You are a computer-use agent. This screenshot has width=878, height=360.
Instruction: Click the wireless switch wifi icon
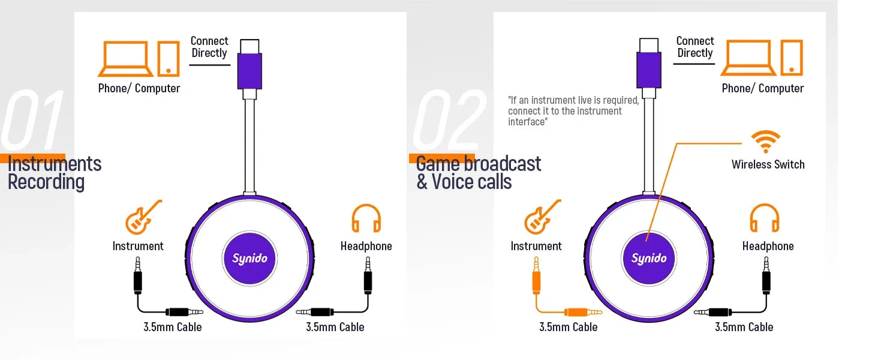point(765,141)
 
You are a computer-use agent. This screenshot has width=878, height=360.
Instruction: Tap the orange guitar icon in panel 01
point(143,217)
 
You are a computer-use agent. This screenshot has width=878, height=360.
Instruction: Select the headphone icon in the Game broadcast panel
point(764,218)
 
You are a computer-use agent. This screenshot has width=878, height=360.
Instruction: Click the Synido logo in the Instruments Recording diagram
point(249,258)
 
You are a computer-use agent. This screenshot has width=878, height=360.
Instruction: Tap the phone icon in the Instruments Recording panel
point(169,58)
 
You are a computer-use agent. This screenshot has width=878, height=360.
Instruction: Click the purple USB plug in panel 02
point(649,70)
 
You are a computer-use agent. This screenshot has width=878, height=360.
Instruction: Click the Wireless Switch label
point(768,164)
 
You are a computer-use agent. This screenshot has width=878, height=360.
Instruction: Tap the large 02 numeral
point(449,119)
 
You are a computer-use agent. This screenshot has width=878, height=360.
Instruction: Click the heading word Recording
point(46,182)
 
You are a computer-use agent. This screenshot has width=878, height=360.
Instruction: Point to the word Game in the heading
point(438,164)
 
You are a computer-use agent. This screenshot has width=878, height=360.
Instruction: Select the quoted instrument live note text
point(573,111)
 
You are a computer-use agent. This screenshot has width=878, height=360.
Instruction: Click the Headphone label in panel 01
point(366,246)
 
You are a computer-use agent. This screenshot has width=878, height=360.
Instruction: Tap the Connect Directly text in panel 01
point(209,47)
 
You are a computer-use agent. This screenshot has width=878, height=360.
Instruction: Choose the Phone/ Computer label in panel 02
point(763,88)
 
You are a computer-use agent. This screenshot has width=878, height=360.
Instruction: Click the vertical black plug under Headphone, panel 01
point(368,275)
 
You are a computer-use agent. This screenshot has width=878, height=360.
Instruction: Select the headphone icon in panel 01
point(366,218)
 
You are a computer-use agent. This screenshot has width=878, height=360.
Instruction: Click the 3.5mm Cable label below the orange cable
point(569,327)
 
